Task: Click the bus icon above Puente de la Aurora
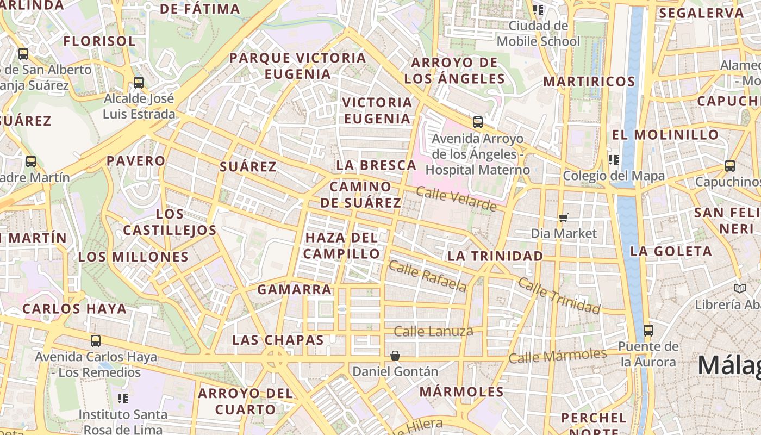(648, 330)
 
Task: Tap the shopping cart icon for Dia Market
(564, 217)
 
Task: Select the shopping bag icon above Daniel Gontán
(395, 356)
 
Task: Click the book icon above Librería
(739, 288)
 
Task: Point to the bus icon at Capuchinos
(730, 165)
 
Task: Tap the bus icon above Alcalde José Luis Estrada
(139, 83)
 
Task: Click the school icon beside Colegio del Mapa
(614, 159)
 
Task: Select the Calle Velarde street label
(456, 198)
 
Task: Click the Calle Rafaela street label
(428, 276)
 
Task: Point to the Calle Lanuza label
(433, 331)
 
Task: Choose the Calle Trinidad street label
(559, 296)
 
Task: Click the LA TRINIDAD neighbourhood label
(495, 256)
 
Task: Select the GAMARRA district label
(294, 289)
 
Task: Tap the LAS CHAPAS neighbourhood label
(278, 340)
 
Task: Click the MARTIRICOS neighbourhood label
(589, 82)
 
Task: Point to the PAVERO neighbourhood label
(135, 160)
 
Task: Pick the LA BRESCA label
(376, 165)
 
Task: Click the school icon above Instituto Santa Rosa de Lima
(123, 399)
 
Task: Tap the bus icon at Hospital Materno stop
(477, 122)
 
